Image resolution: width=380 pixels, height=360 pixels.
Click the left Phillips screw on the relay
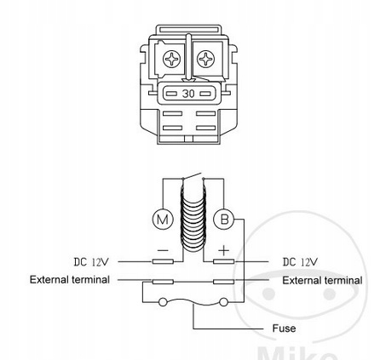tap(171, 59)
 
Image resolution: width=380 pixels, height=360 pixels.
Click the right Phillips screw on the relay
tap(205, 59)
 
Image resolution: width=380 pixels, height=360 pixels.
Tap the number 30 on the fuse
tap(188, 94)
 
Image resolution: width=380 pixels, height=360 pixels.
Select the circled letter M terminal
tap(163, 219)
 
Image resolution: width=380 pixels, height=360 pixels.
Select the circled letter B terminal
tap(224, 219)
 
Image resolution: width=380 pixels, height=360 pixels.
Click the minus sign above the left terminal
tap(163, 250)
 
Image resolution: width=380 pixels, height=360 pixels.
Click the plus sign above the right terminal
tap(224, 250)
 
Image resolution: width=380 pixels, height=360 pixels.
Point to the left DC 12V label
tap(91, 261)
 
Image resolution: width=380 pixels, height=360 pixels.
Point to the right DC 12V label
tap(300, 261)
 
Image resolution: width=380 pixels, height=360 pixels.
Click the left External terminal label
tap(70, 280)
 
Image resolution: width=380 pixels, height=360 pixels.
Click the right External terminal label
tap(322, 281)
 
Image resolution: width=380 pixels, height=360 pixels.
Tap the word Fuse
tap(284, 329)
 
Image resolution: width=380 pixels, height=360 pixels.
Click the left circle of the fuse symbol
tap(163, 302)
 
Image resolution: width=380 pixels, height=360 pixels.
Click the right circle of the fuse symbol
tap(224, 302)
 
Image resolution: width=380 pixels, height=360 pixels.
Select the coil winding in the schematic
tap(193, 219)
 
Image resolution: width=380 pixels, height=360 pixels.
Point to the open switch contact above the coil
tap(192, 176)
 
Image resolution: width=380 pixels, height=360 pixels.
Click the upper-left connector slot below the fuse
tap(172, 113)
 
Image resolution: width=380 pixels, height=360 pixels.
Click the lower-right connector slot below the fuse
tap(205, 128)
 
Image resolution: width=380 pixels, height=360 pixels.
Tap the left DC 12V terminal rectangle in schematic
tap(163, 261)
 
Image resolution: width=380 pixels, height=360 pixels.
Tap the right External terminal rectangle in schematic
tap(224, 282)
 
